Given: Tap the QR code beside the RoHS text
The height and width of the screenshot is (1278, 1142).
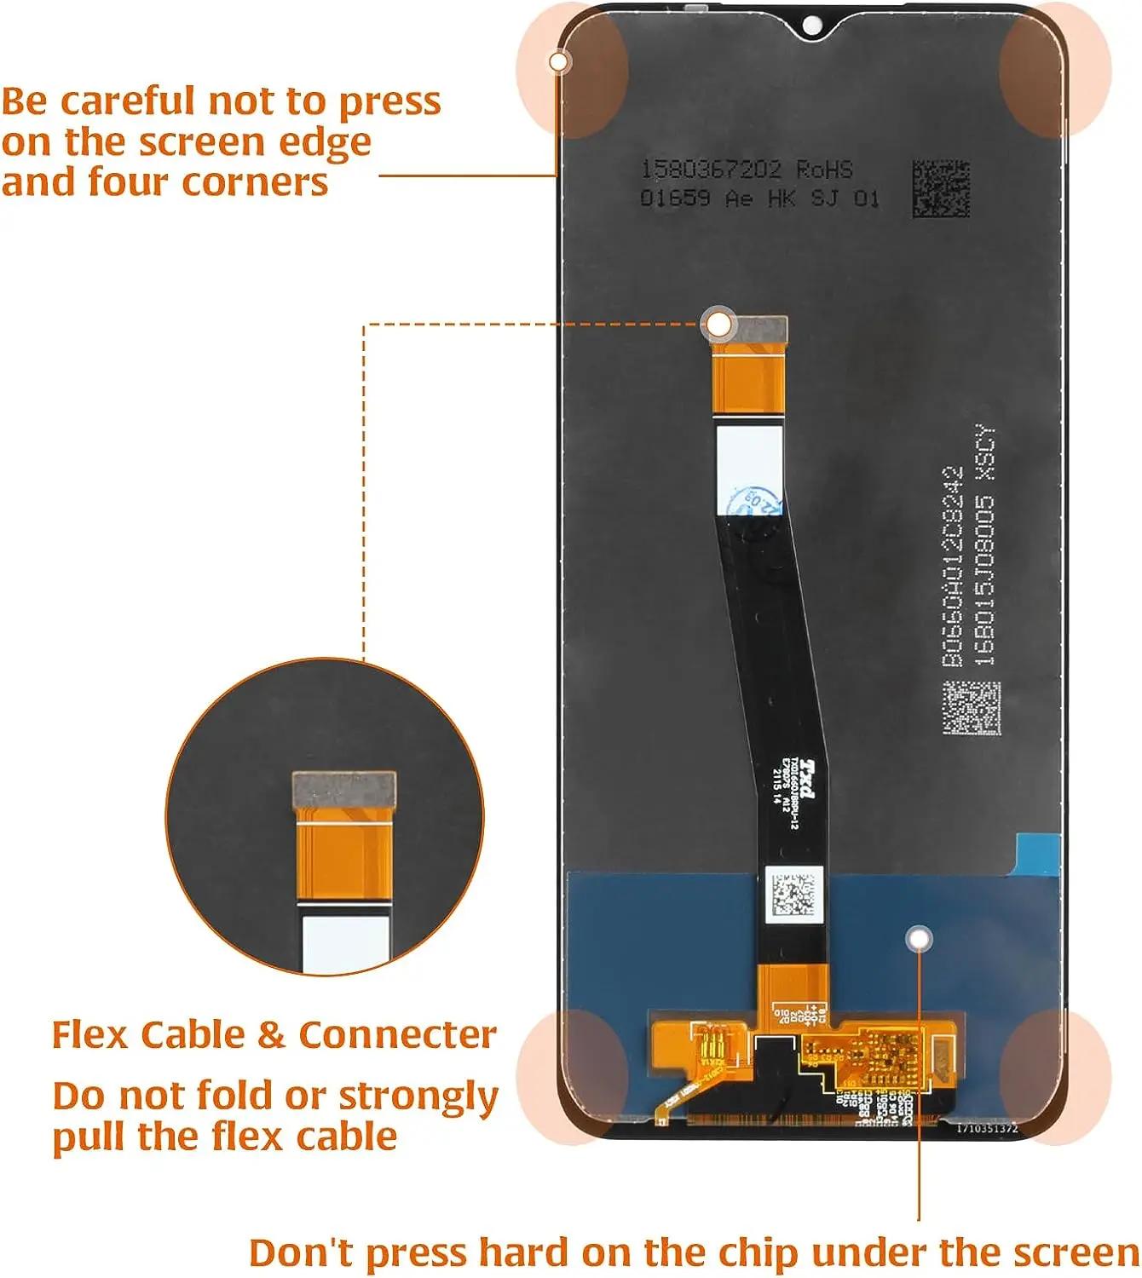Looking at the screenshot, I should pyautogui.click(x=941, y=188).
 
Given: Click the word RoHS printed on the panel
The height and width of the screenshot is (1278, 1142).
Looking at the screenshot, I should pyautogui.click(x=824, y=170).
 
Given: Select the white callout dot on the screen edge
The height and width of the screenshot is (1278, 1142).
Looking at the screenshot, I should pyautogui.click(x=558, y=61).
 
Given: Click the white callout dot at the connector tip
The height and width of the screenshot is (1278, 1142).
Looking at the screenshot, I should pyautogui.click(x=719, y=324).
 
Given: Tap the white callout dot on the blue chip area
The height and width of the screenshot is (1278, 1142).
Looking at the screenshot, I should pyautogui.click(x=919, y=939).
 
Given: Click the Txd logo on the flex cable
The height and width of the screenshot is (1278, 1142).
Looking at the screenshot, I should pyautogui.click(x=805, y=780).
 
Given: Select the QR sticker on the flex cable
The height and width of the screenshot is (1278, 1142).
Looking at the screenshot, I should pyautogui.click(x=792, y=895).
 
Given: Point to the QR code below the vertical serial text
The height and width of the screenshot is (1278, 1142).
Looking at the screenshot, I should pyautogui.click(x=971, y=707).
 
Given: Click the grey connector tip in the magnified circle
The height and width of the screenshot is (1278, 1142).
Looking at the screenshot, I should pyautogui.click(x=343, y=790).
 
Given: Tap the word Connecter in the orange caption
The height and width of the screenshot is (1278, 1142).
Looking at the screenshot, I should pyautogui.click(x=397, y=1035).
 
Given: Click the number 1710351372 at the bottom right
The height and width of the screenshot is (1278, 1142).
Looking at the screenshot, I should pyautogui.click(x=987, y=1129).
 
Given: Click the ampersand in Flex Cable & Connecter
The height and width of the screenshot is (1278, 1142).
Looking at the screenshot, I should pyautogui.click(x=270, y=1035).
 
